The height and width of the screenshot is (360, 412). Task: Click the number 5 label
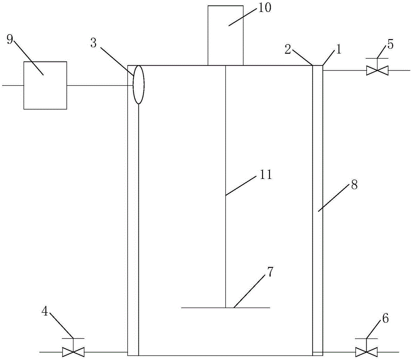point(390,43)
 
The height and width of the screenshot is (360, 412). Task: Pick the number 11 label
point(264,175)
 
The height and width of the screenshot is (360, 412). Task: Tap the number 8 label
point(353,184)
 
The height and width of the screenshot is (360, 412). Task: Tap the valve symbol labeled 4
point(73,352)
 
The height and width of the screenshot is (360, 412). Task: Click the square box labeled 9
point(45,85)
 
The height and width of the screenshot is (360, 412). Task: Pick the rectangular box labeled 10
point(225,35)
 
